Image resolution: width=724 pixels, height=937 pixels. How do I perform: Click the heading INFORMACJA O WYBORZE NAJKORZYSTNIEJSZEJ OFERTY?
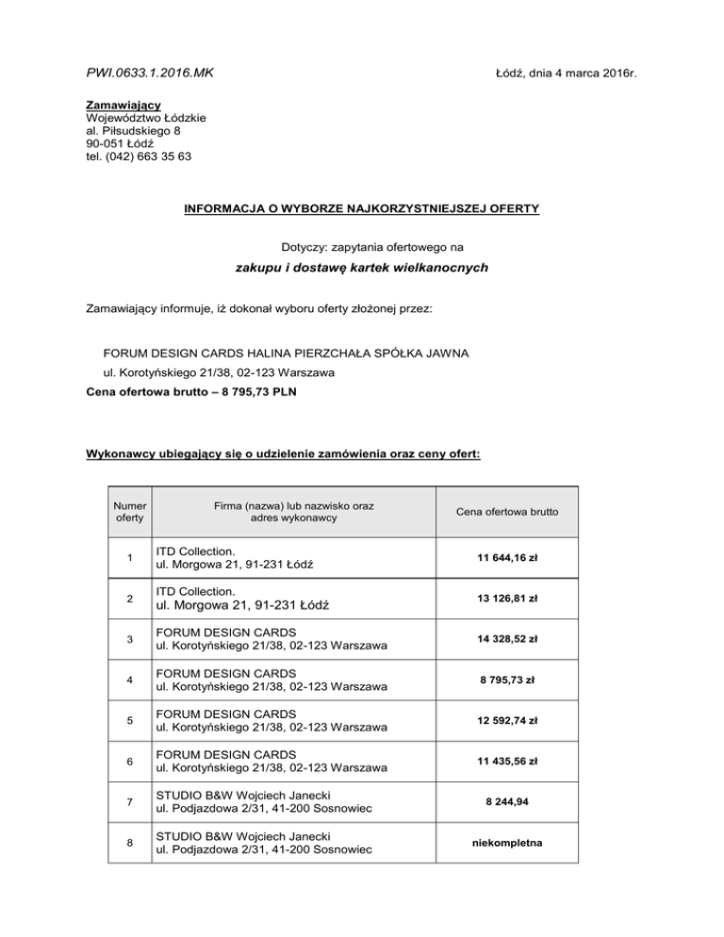(x=361, y=207)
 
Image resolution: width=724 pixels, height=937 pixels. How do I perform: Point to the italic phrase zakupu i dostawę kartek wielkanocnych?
(x=361, y=269)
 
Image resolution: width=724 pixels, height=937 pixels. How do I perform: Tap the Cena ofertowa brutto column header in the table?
(x=506, y=512)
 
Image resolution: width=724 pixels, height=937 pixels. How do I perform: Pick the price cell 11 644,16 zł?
(x=506, y=557)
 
